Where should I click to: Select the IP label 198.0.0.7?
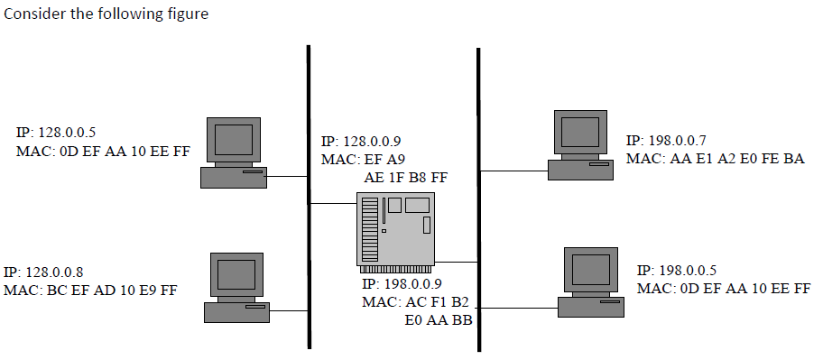pyautogui.click(x=666, y=142)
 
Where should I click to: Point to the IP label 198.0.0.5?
pyautogui.click(x=677, y=271)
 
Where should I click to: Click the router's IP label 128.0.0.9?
pyautogui.click(x=361, y=142)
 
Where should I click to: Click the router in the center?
pyautogui.click(x=396, y=230)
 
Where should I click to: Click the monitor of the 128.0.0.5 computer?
pyautogui.click(x=233, y=140)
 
